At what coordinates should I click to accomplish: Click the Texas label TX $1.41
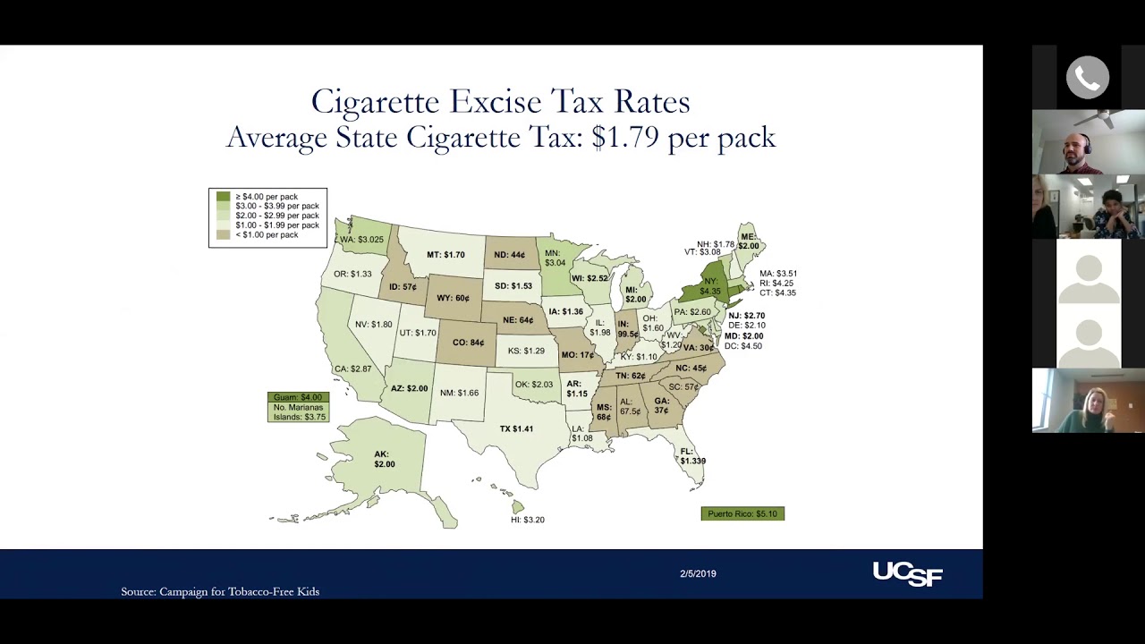click(x=516, y=429)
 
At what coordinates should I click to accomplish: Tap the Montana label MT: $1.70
click(x=445, y=255)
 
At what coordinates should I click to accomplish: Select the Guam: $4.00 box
click(x=298, y=397)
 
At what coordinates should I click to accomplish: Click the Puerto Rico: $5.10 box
click(x=742, y=513)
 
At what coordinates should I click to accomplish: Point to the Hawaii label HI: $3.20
click(x=527, y=520)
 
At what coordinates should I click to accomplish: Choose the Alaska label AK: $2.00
click(x=384, y=460)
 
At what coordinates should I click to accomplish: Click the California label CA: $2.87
click(x=352, y=369)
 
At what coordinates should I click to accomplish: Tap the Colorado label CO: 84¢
click(x=468, y=343)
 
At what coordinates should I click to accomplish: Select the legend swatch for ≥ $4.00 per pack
click(x=223, y=197)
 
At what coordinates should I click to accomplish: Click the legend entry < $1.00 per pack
click(x=267, y=235)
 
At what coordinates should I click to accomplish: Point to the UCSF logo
click(x=907, y=573)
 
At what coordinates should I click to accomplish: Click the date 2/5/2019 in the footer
click(x=698, y=573)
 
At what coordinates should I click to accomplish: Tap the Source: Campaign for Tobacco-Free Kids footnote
click(x=220, y=591)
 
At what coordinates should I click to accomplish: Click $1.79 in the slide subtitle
click(x=625, y=138)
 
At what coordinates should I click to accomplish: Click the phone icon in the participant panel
click(x=1088, y=79)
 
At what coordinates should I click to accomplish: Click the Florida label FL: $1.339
click(x=691, y=456)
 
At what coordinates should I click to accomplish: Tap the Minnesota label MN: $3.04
click(x=555, y=258)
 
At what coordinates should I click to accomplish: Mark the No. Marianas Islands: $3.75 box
click(x=298, y=412)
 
